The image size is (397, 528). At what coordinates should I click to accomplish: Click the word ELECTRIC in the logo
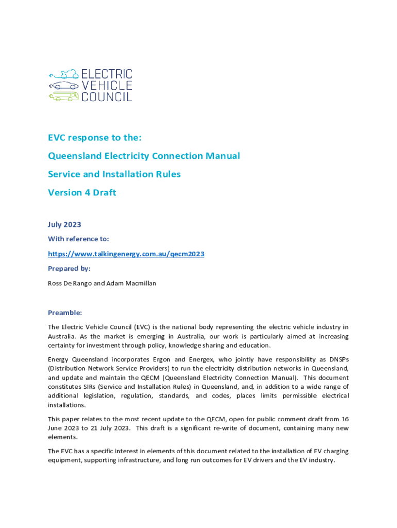107,74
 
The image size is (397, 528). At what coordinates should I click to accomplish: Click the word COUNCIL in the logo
107,96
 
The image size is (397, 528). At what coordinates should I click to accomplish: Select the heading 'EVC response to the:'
94,138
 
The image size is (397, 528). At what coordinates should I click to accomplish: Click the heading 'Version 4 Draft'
82,192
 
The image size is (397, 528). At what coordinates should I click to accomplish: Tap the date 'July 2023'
64,224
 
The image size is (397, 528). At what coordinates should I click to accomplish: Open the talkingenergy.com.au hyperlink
126,254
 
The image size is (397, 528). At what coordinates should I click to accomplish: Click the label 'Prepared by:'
69,268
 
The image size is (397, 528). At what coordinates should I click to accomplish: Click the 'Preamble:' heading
65,312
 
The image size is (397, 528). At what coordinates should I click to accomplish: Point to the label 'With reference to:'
78,239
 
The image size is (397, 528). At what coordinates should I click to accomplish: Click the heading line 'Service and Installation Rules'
114,174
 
